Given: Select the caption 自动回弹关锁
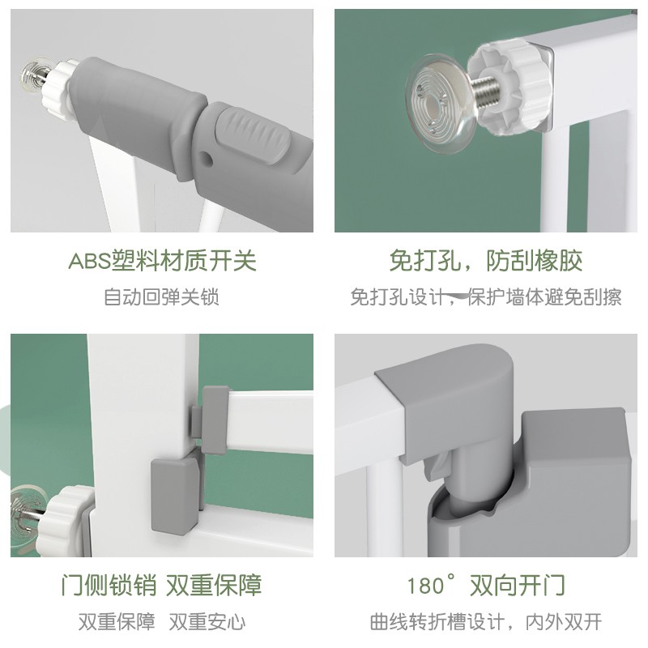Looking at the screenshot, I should (161, 297).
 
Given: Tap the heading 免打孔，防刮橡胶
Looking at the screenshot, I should (486, 261).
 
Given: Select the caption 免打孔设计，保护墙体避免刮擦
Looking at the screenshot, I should (486, 297).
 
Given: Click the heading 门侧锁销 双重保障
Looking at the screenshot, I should (161, 585).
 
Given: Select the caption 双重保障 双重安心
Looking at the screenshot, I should (161, 623).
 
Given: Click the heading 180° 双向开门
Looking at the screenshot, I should (486, 585).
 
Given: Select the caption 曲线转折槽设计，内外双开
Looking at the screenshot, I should (486, 623).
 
